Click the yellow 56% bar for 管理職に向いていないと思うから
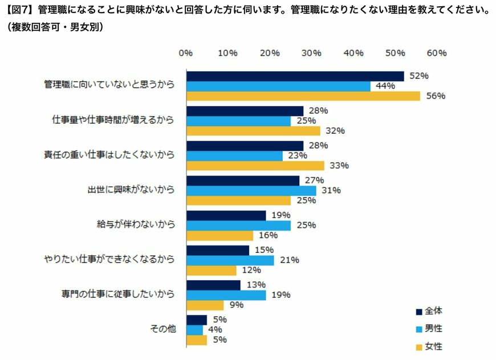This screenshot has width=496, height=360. point(303,96)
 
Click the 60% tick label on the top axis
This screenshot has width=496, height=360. point(437,53)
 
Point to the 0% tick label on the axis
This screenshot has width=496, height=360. point(185,53)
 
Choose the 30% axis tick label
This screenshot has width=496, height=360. point(311,53)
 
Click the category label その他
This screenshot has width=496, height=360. point(162,330)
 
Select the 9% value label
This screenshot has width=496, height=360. point(237,305)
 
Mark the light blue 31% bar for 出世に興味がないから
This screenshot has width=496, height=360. point(251,190)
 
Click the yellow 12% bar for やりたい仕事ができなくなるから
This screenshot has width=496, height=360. point(211,270)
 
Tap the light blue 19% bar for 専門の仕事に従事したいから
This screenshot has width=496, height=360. point(226,295)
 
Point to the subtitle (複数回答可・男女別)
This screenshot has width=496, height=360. point(54,27)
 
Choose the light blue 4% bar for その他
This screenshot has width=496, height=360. point(194,330)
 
